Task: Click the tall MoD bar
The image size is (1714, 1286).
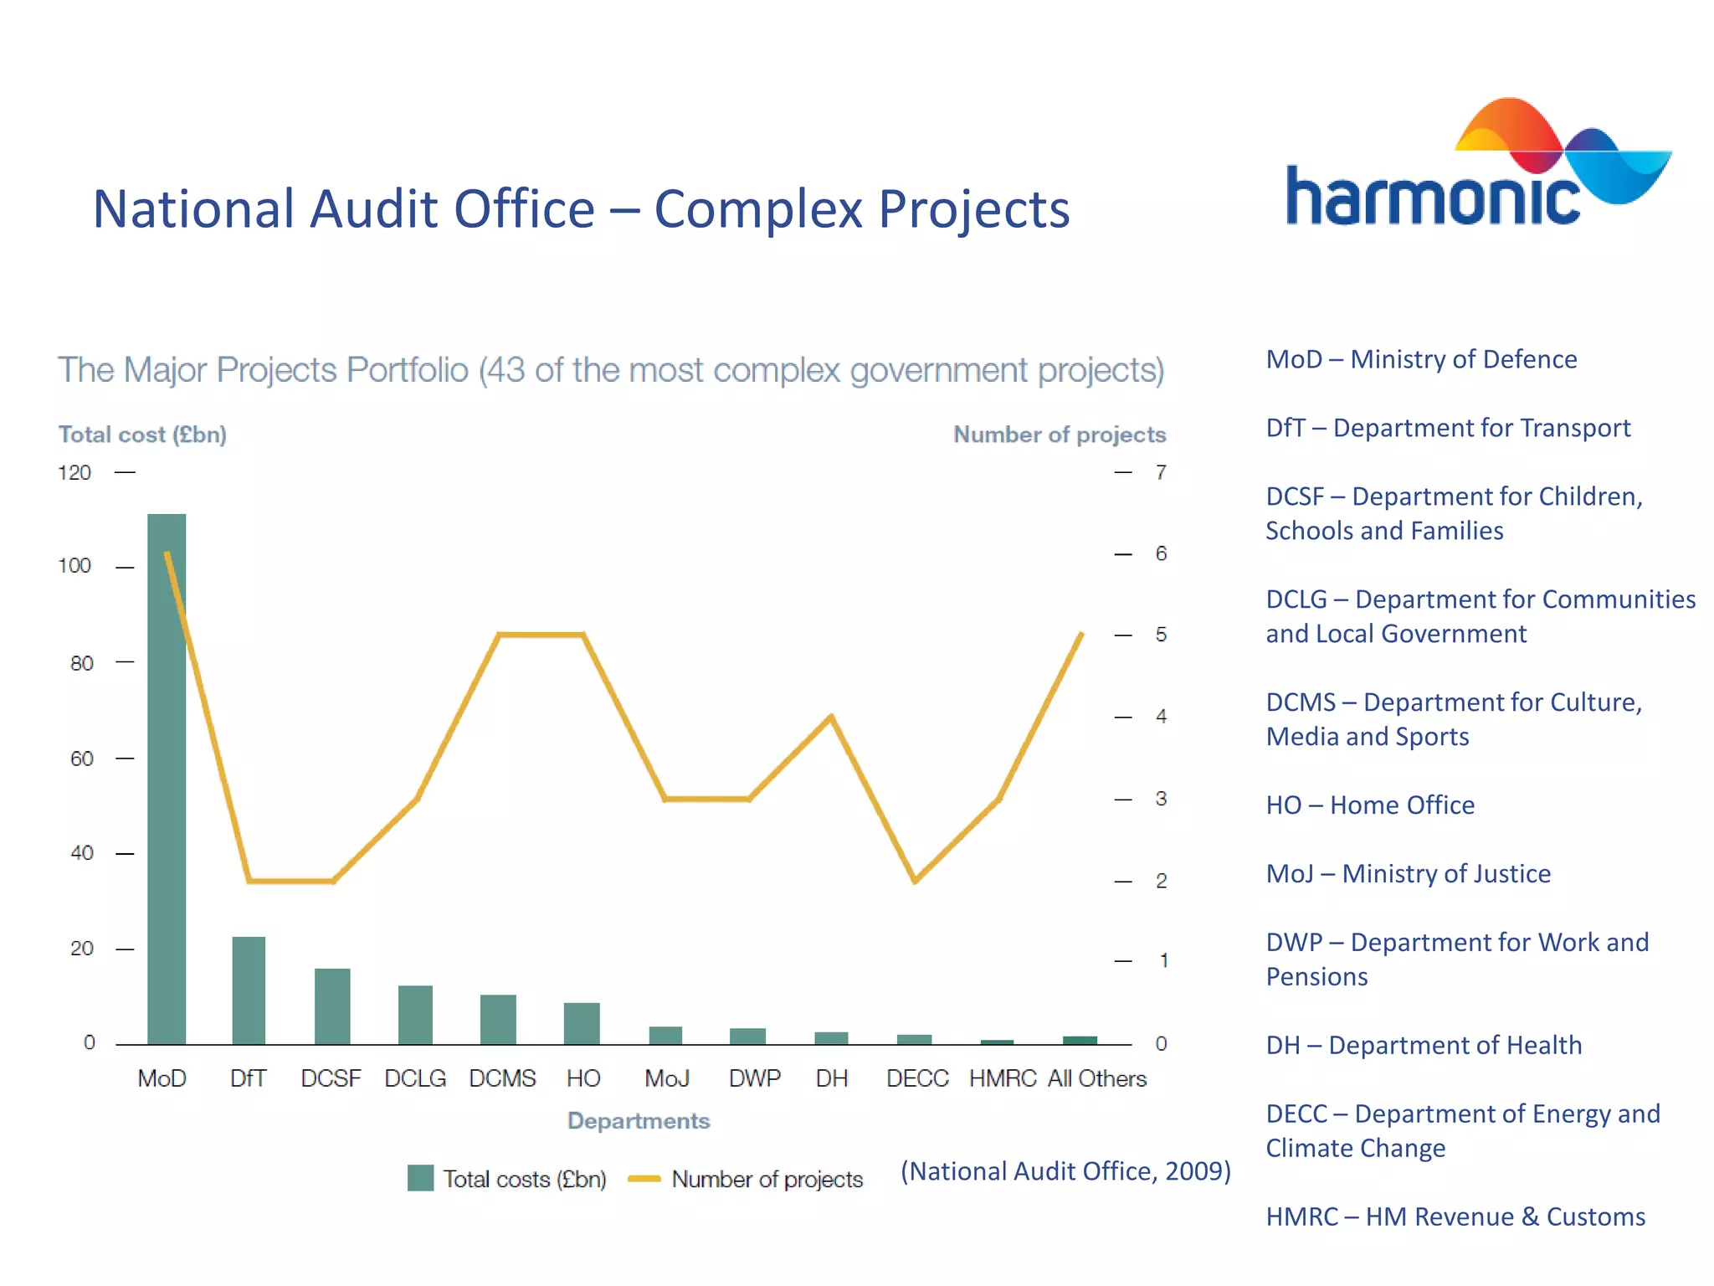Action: [x=167, y=779]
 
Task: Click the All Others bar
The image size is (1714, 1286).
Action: [x=1080, y=1040]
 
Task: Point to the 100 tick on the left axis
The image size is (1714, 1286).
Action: [x=74, y=566]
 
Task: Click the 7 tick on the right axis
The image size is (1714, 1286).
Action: [x=1161, y=472]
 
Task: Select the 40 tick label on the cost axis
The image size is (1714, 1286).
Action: [x=81, y=853]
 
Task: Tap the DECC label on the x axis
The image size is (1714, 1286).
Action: [x=917, y=1078]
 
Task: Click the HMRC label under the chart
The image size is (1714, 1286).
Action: [x=1002, y=1078]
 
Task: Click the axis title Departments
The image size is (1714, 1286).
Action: [x=639, y=1121]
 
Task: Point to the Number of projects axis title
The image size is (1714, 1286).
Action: [x=1059, y=435]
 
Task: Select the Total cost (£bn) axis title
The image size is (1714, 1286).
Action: [x=142, y=435]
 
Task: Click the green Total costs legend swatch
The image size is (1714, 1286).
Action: [x=420, y=1178]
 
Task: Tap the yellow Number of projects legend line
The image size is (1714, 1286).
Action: [x=644, y=1179]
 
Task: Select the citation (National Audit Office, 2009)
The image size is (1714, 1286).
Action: [x=1065, y=1170]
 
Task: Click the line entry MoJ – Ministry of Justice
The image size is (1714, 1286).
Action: [x=1408, y=873]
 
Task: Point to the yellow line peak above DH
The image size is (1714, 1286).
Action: [x=831, y=717]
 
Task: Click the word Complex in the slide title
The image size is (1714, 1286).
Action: [x=757, y=209]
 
